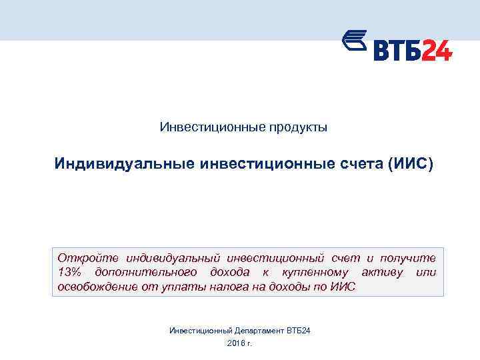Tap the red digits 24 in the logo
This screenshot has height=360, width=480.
tap(437, 50)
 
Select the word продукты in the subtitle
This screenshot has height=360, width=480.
tap(297, 127)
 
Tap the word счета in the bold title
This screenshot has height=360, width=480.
tap(358, 163)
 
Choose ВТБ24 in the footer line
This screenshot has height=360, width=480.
tap(299, 331)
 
